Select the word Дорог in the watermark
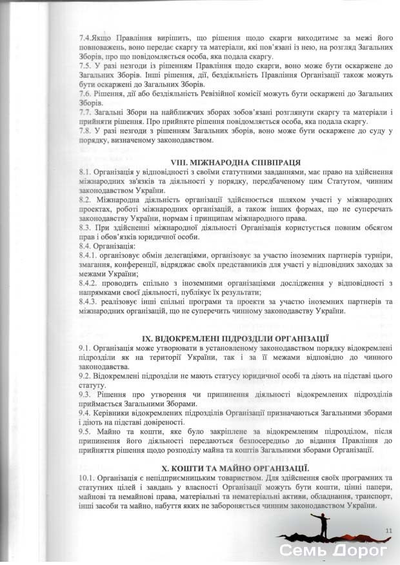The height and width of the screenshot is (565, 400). click(359, 551)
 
